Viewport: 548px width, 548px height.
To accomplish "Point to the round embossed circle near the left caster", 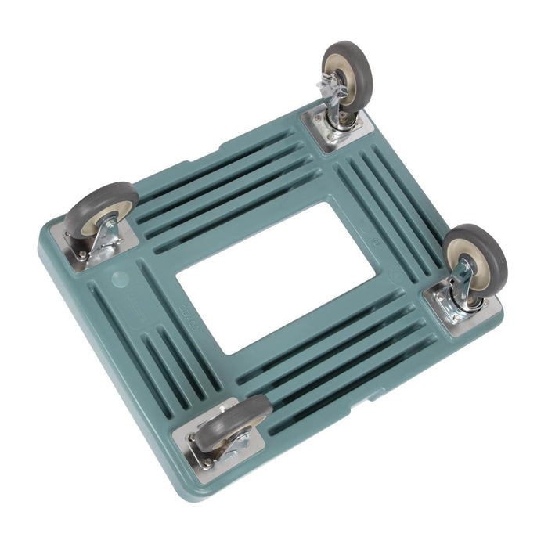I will [x=119, y=278].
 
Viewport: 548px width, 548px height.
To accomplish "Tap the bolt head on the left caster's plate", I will [x=81, y=255].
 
